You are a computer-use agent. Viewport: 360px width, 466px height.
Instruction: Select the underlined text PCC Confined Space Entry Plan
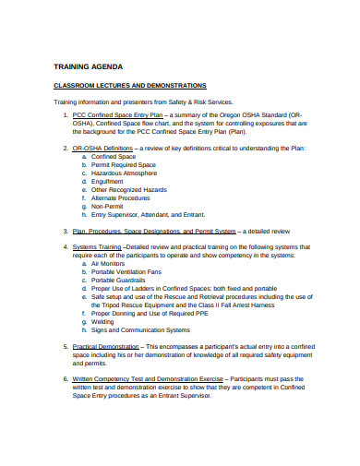[117, 114]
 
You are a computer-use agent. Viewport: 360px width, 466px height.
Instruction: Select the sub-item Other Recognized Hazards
[128, 190]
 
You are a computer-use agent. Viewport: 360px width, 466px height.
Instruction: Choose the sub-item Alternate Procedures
[121, 198]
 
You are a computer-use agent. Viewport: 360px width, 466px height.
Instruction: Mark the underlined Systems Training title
[97, 247]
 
